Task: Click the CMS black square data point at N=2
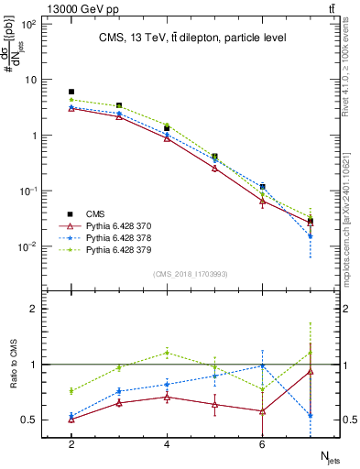71,92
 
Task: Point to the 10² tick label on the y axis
27,24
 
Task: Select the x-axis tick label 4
167,442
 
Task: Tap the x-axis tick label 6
262,442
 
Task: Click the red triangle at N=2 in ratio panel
71,419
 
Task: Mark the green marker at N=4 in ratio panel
167,353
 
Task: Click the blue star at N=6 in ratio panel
262,365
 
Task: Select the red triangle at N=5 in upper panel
214,168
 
